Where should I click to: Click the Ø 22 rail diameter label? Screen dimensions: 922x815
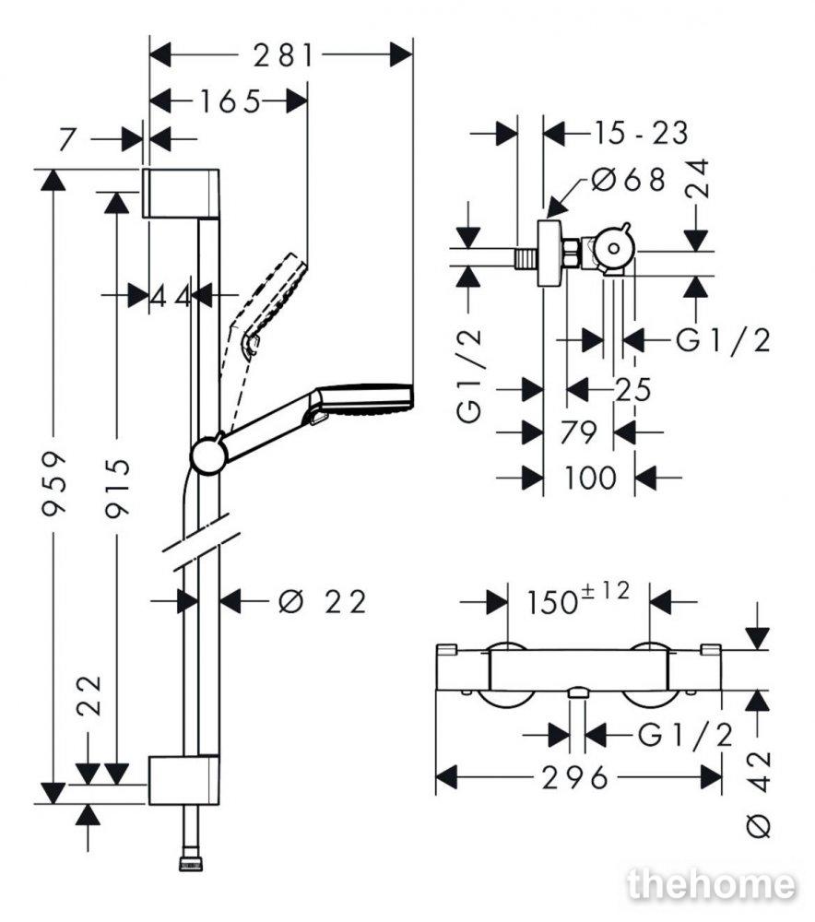pos(322,602)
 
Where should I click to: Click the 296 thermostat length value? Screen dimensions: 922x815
pos(577,777)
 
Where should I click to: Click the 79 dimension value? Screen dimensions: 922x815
pos(577,431)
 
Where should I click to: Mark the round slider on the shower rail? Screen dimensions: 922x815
pos(208,454)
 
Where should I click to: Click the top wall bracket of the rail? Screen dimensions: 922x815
pos(181,193)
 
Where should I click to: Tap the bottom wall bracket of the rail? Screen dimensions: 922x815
pos(183,780)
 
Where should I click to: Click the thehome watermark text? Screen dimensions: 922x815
pos(710,885)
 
